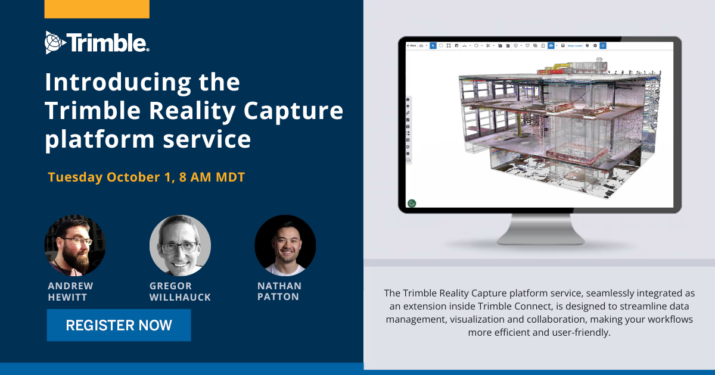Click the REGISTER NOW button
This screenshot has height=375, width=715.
pyautogui.click(x=119, y=325)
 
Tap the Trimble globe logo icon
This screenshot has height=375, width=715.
pyautogui.click(x=54, y=42)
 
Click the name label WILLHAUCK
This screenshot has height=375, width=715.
pyautogui.click(x=180, y=297)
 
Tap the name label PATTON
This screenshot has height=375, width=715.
pyautogui.click(x=278, y=296)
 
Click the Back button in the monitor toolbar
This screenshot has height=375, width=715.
pyautogui.click(x=411, y=45)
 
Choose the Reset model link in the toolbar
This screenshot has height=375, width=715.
pyautogui.click(x=575, y=45)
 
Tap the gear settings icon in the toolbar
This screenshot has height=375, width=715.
pyautogui.click(x=595, y=45)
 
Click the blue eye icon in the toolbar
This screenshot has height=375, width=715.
pyautogui.click(x=551, y=45)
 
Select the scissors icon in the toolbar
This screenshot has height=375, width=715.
pyautogui.click(x=487, y=45)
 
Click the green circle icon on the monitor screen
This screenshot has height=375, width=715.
pyautogui.click(x=412, y=203)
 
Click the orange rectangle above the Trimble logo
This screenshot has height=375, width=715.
pyautogui.click(x=97, y=9)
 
